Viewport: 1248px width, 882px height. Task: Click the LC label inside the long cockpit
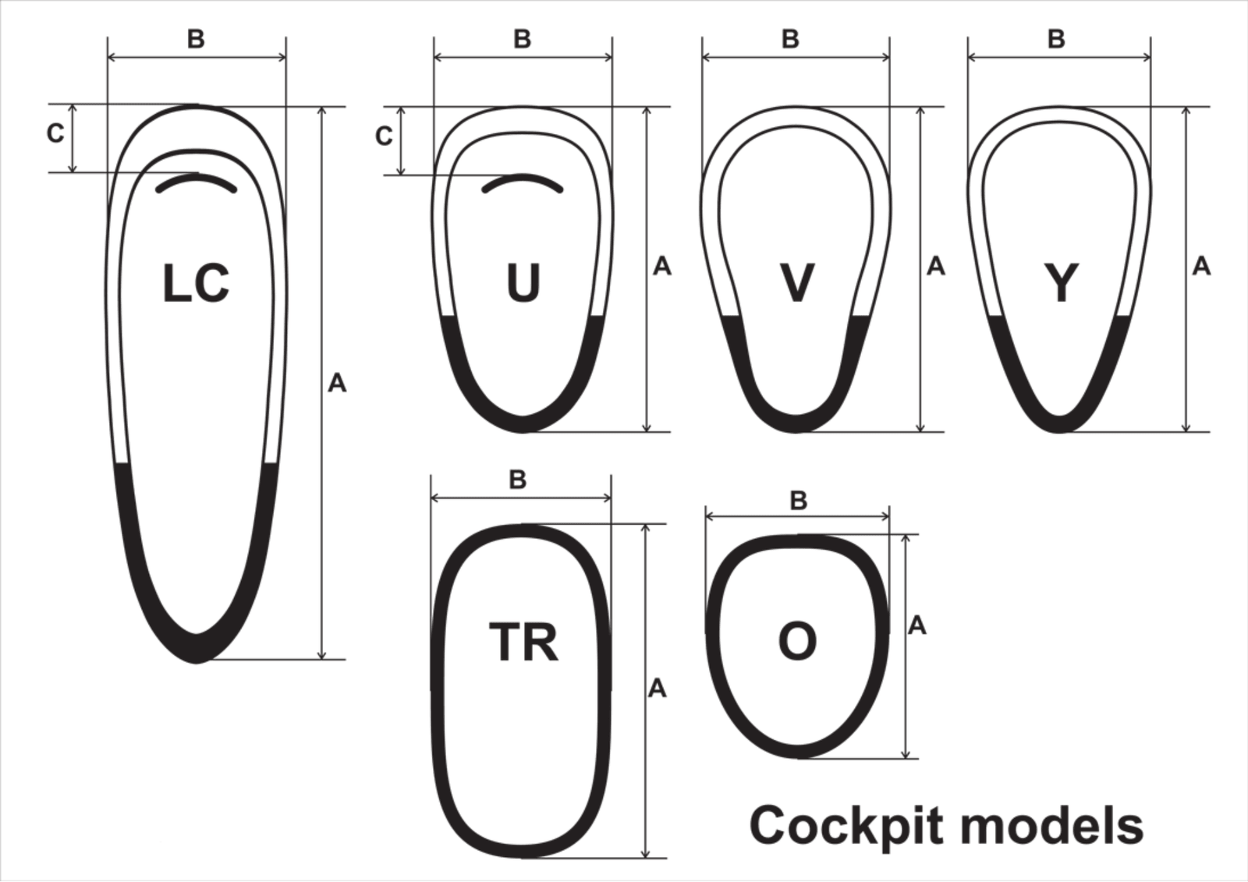click(196, 284)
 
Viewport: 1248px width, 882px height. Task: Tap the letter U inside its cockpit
click(523, 282)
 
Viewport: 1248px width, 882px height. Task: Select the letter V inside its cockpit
click(796, 283)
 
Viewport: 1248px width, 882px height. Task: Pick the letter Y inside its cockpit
click(1061, 283)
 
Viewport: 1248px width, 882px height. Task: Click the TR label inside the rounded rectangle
click(523, 642)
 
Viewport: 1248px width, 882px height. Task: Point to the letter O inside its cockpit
click(797, 642)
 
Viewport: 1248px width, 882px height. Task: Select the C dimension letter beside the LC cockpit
click(55, 133)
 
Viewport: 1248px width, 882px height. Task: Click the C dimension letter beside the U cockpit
click(384, 136)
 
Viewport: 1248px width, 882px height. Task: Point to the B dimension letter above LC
click(196, 39)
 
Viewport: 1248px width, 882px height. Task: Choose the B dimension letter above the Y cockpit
click(1056, 39)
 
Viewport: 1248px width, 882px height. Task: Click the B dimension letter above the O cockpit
click(799, 501)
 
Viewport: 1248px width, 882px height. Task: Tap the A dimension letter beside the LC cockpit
click(337, 384)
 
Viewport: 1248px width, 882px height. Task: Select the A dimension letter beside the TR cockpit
click(658, 689)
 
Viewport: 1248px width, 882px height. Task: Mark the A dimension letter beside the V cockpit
click(936, 267)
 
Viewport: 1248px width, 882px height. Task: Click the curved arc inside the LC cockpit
click(197, 181)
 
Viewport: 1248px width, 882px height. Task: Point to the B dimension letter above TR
click(518, 479)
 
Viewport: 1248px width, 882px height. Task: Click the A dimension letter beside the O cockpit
click(917, 625)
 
